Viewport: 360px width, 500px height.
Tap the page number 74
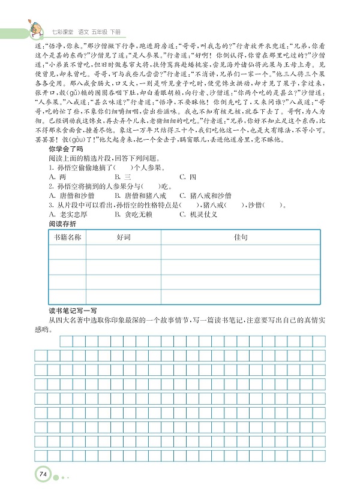(x=43, y=475)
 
